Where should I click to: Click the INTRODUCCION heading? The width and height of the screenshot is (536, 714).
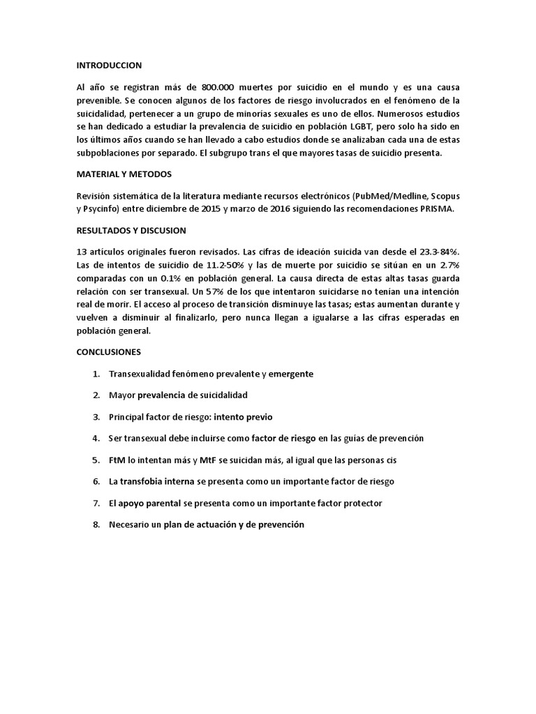[109, 66]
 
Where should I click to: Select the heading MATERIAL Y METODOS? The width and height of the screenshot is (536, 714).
[124, 175]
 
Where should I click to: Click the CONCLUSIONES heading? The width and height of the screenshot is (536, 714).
[108, 351]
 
